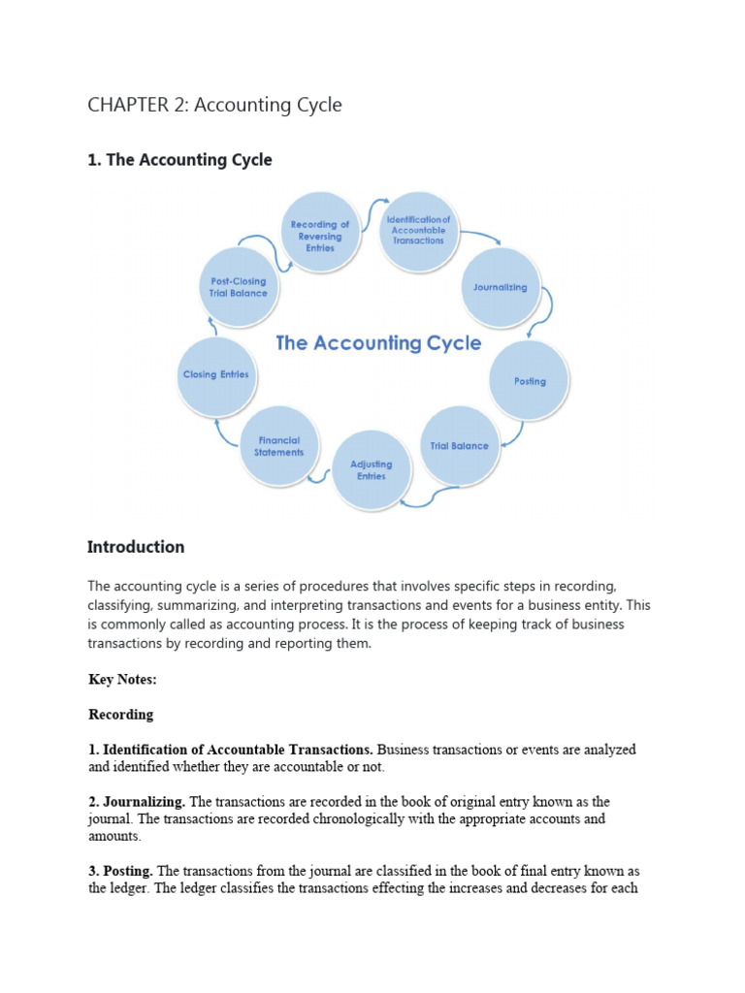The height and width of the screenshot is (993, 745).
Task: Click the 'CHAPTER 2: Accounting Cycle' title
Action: coord(214,105)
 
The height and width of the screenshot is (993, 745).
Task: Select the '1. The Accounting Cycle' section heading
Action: coord(179,160)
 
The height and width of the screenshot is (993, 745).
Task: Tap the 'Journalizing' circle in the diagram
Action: coord(500,287)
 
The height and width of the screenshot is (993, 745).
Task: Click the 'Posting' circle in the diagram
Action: coord(530,381)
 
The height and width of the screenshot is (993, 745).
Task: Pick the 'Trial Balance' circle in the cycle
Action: coord(459,446)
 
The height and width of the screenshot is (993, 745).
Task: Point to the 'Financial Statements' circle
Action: coord(279,446)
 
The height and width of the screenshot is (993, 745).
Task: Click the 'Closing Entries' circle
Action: coord(215,374)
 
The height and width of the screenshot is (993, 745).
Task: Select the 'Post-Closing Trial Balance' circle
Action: coord(238,287)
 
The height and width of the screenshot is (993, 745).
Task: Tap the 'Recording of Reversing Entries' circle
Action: coord(320,236)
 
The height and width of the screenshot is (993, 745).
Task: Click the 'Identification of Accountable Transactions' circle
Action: coord(418,230)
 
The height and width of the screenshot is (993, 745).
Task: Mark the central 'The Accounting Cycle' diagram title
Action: coord(378,342)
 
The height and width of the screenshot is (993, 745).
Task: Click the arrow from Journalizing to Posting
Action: coord(544,313)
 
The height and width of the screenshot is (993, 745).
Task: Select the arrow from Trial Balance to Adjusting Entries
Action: coord(429,496)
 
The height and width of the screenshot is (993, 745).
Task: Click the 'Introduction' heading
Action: coord(136,547)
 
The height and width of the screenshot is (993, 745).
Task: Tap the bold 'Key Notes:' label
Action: coord(122,680)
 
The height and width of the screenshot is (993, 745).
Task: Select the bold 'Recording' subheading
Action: coord(121,715)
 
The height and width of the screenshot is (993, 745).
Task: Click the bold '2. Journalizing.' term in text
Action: coord(138,802)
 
